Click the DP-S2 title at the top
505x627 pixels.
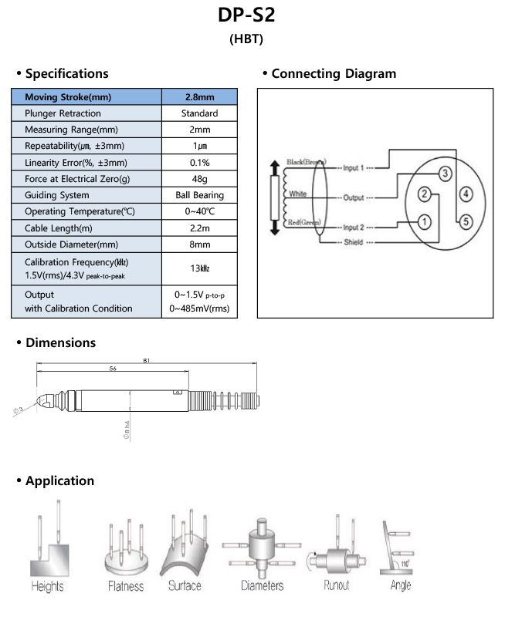(252, 16)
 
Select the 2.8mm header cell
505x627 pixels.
(199, 97)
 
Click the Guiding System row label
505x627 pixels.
(56, 195)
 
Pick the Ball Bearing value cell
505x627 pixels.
(199, 195)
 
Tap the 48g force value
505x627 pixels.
(199, 179)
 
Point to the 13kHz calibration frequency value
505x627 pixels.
(199, 268)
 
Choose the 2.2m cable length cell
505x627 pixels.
(199, 228)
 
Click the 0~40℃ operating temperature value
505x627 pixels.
(199, 211)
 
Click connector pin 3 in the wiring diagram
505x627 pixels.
(445, 173)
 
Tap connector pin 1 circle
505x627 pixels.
(424, 221)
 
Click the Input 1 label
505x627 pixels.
(353, 167)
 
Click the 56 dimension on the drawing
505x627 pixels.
(113, 369)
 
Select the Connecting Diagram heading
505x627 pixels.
(334, 74)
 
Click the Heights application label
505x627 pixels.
(47, 587)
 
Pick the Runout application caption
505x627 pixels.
(337, 585)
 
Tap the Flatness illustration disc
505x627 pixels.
(125, 561)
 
